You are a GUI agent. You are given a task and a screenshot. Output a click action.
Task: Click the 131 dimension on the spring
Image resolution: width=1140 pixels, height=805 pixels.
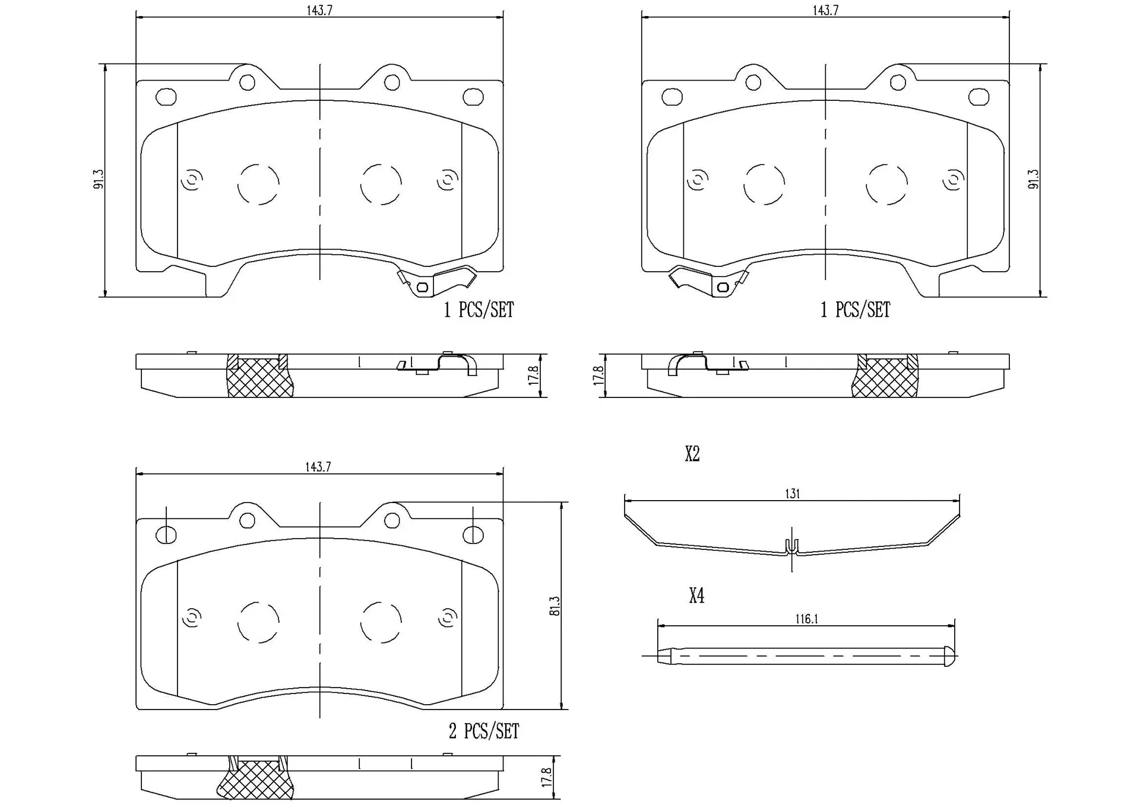pyautogui.click(x=793, y=494)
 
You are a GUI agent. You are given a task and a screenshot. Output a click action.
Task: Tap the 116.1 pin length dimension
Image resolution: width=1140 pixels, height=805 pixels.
pyautogui.click(x=806, y=619)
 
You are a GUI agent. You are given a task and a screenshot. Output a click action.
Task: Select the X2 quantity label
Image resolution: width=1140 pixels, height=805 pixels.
pyautogui.click(x=692, y=454)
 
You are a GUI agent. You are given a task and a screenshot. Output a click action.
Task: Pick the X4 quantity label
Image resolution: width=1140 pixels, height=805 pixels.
pyautogui.click(x=696, y=595)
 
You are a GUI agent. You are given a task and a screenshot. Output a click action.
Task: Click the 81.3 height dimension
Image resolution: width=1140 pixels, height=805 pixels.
pyautogui.click(x=555, y=606)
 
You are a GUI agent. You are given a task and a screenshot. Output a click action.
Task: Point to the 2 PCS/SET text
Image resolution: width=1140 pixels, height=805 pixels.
pyautogui.click(x=483, y=731)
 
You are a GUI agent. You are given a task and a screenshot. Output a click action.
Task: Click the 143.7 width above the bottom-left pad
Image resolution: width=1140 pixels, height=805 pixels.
pyautogui.click(x=318, y=467)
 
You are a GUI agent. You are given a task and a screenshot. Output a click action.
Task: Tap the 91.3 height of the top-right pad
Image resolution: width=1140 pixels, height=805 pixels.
pyautogui.click(x=1033, y=179)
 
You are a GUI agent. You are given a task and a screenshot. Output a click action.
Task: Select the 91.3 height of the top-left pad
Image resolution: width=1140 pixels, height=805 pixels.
pyautogui.click(x=99, y=179)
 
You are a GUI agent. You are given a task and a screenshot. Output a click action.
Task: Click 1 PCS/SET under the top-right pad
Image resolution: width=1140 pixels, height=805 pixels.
pyautogui.click(x=855, y=309)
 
